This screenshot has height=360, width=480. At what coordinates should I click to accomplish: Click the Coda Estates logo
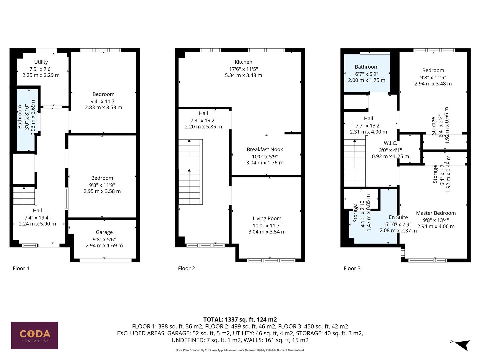pyautogui.click(x=34, y=335)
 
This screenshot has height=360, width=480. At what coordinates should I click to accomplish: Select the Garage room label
pyautogui.click(x=104, y=232)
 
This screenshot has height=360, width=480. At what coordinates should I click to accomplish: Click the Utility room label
pyautogui.click(x=41, y=62)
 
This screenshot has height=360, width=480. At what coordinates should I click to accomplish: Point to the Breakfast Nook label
pyautogui.click(x=265, y=150)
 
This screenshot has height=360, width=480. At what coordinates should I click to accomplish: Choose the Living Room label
pyautogui.click(x=267, y=219)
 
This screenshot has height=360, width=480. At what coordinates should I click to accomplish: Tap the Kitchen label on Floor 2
pyautogui.click(x=243, y=62)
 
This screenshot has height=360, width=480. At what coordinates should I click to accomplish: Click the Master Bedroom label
pyautogui.click(x=436, y=213)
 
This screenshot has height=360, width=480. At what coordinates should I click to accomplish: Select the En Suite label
pyautogui.click(x=398, y=217)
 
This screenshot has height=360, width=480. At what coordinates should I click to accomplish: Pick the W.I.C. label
pyautogui.click(x=390, y=143)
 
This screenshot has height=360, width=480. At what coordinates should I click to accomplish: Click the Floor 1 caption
pyautogui.click(x=21, y=268)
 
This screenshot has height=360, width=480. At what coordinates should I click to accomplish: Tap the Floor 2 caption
pyautogui.click(x=186, y=268)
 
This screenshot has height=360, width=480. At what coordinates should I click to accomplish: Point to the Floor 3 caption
pyautogui.click(x=352, y=268)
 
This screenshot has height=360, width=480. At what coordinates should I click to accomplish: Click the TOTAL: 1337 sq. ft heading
pyautogui.click(x=240, y=319)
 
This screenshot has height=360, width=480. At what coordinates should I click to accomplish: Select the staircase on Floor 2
pyautogui.click(x=190, y=172)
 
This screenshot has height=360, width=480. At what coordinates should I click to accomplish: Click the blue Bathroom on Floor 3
pyautogui.click(x=367, y=73)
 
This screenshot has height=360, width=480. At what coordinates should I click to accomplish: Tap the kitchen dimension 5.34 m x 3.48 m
pyautogui.click(x=243, y=75)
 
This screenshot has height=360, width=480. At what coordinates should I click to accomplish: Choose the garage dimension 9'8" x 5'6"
pyautogui.click(x=104, y=239)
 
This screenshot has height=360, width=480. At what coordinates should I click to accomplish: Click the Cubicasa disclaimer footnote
pyautogui.click(x=240, y=350)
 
